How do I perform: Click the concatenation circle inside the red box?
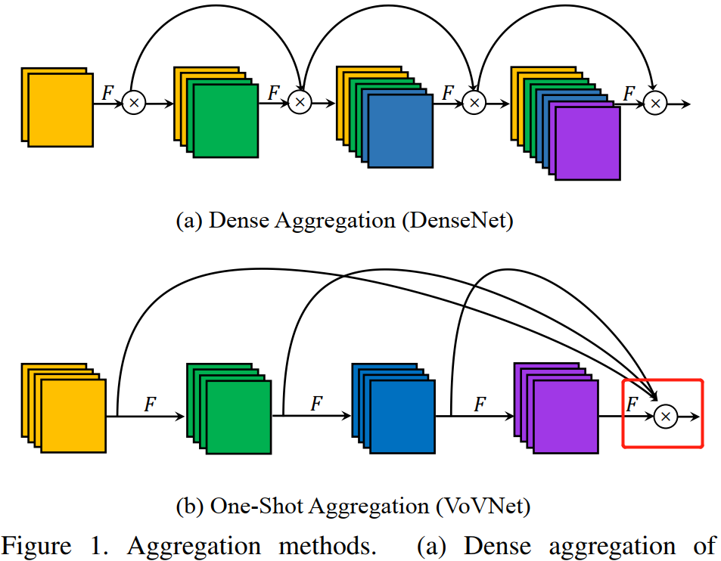(666, 415)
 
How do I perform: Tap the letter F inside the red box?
(633, 404)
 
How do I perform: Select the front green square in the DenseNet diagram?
(225, 121)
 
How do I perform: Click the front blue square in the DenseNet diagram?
(401, 131)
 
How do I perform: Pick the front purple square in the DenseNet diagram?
(587, 144)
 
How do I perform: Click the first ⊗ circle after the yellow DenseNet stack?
(133, 103)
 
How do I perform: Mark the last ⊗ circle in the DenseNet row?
(656, 103)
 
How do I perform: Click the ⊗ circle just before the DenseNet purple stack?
(474, 103)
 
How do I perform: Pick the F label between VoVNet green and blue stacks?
(316, 404)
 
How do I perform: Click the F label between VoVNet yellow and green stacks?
(150, 404)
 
